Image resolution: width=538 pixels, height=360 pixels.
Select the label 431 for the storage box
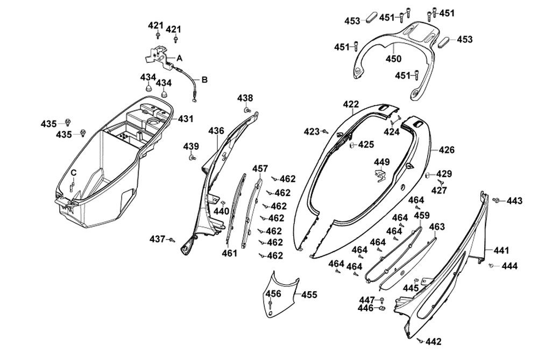click(x=186, y=118)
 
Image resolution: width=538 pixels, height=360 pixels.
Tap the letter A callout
click(x=180, y=58)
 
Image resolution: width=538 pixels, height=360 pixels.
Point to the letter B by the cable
click(x=204, y=80)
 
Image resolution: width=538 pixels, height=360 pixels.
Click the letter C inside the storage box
click(x=74, y=172)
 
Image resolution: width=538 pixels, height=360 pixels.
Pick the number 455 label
click(x=309, y=295)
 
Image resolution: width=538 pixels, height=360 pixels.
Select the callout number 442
click(x=434, y=341)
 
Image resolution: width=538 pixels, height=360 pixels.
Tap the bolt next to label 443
click(x=496, y=200)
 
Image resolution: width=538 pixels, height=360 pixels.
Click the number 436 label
click(x=216, y=131)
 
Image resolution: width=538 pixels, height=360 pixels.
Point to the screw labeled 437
click(x=172, y=239)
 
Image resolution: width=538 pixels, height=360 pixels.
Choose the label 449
click(x=382, y=162)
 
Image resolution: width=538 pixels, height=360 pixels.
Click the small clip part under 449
click(x=381, y=174)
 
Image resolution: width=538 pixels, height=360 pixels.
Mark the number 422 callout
click(x=351, y=104)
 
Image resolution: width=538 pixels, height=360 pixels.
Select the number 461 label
click(x=230, y=253)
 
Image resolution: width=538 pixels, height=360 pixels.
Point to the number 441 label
click(x=501, y=250)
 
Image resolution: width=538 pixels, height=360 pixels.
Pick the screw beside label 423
click(x=325, y=131)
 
